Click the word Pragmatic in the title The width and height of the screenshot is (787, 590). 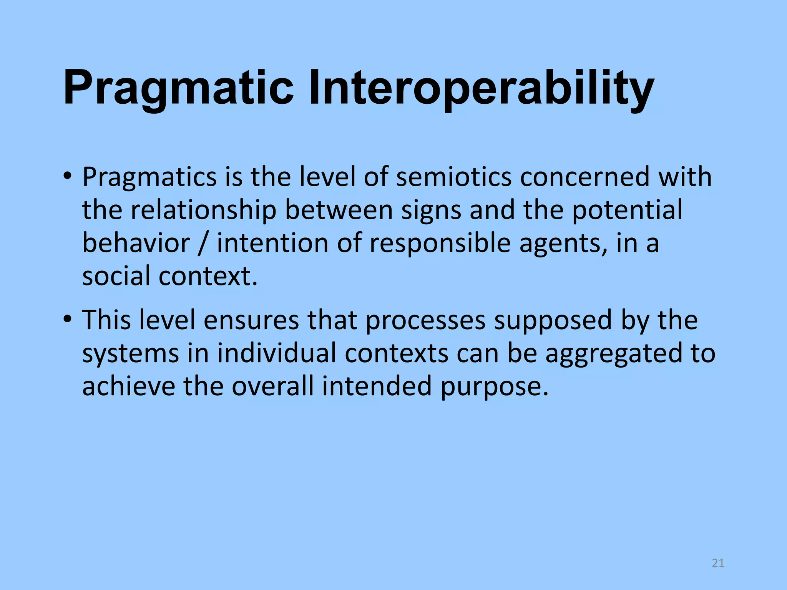[178, 88]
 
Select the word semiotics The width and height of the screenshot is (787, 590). [454, 177]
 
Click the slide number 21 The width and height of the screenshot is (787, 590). [718, 563]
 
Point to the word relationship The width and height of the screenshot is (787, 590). [204, 210]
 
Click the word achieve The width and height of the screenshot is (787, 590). [128, 386]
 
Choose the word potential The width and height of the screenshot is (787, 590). [627, 210]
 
